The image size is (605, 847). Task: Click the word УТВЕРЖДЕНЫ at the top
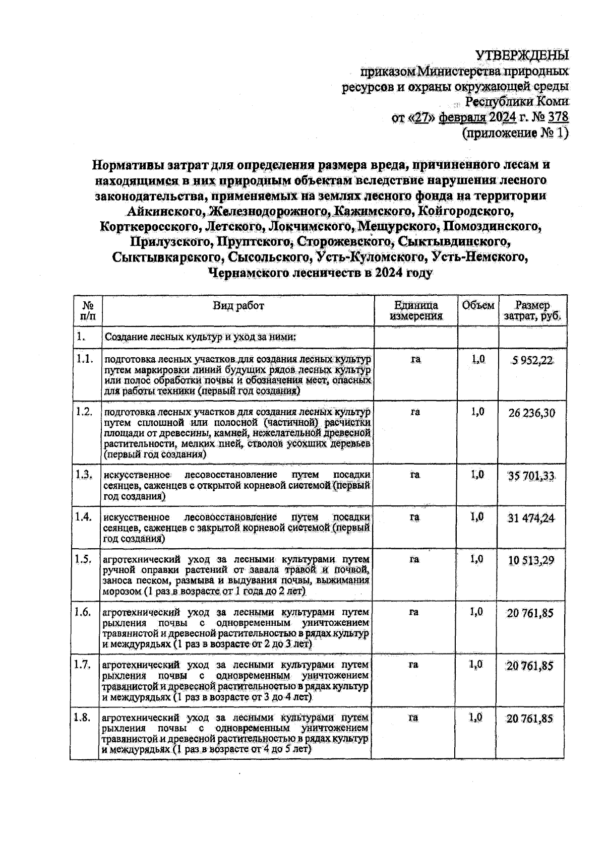[x=522, y=54]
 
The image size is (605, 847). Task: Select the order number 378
[x=558, y=117]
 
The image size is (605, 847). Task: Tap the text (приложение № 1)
[x=515, y=133]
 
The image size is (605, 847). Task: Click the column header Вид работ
[x=238, y=305]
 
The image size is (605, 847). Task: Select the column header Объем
[x=477, y=305]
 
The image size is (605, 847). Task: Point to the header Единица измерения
[x=415, y=310]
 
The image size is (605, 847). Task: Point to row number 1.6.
[x=83, y=612]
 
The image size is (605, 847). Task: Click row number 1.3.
[x=84, y=475]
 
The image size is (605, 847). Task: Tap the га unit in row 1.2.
[x=415, y=412]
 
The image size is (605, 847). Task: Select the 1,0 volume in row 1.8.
[x=476, y=718]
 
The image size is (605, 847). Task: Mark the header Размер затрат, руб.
[x=532, y=310]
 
